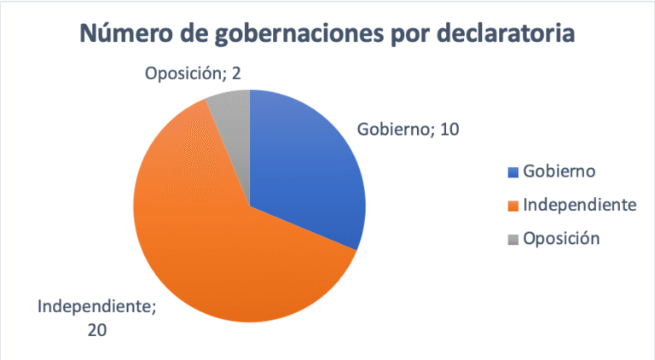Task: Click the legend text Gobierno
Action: click(x=559, y=171)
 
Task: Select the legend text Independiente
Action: click(x=579, y=205)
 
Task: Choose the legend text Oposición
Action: click(x=562, y=238)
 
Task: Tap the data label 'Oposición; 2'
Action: click(x=192, y=73)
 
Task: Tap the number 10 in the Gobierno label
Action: click(x=449, y=130)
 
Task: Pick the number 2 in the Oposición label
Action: click(x=235, y=73)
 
